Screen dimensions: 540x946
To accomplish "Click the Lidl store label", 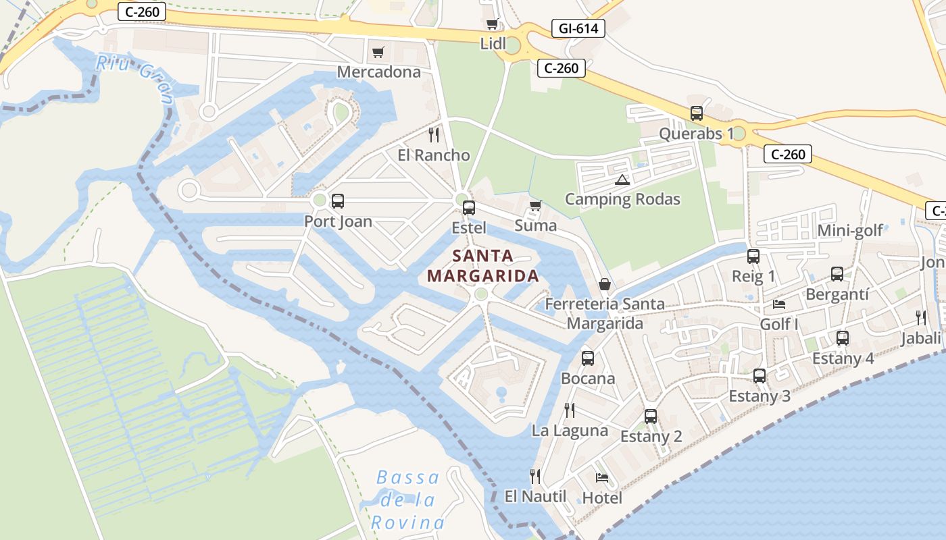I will point(493,44).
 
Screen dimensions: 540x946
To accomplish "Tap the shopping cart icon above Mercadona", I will point(378,52).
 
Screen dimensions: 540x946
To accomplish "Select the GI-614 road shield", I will point(578,28).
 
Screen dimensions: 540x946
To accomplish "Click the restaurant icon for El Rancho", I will point(434,135).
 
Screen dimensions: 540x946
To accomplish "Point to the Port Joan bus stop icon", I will point(337,201).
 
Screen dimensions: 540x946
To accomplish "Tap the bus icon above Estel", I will point(469,208).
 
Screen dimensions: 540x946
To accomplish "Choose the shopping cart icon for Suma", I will point(536,205).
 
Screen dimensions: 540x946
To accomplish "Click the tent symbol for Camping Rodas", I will point(622,180).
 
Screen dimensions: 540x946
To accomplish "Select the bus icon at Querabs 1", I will point(697,113).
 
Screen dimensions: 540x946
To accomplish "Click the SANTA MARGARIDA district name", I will point(483,266).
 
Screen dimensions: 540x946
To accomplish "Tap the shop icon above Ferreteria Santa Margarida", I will point(605,284).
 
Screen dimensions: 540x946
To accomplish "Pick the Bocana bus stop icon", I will point(588,358).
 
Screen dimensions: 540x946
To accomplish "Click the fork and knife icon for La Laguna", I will point(570,410).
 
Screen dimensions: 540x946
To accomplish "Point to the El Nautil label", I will point(536,497).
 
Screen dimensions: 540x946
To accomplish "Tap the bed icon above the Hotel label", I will point(602,478).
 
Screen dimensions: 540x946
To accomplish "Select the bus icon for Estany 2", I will point(651,416).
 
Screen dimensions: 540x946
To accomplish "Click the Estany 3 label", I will point(760,396).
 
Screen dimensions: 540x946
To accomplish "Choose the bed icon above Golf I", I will point(779,304).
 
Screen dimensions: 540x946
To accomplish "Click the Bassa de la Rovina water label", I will point(407,500).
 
